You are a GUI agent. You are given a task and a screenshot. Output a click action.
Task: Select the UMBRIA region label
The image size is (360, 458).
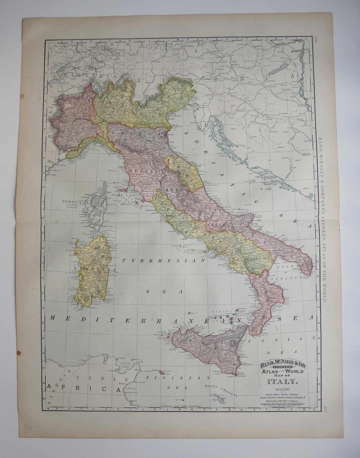pos(171,190)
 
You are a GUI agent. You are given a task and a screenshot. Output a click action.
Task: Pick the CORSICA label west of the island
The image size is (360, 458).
pos(73,201)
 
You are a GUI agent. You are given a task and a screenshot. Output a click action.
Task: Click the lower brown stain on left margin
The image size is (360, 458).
pos(18,353)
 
